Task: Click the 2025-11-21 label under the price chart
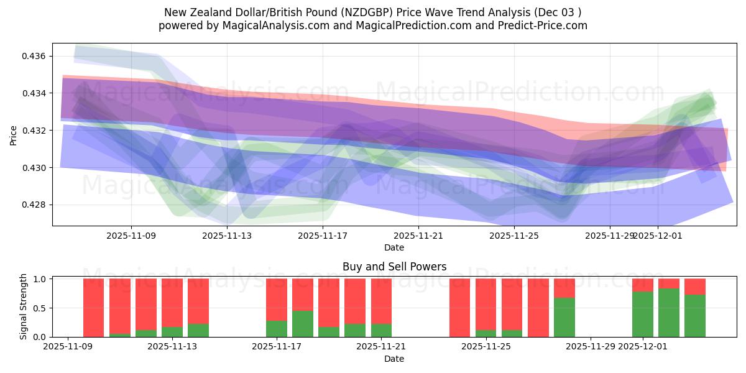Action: point(418,236)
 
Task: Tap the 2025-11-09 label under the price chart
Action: point(131,236)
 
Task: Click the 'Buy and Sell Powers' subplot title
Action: point(394,267)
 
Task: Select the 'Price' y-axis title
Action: point(14,135)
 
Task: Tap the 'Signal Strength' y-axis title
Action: point(24,306)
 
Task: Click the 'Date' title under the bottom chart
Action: point(394,359)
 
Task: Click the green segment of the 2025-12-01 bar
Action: point(643,314)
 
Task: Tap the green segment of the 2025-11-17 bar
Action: point(277,329)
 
